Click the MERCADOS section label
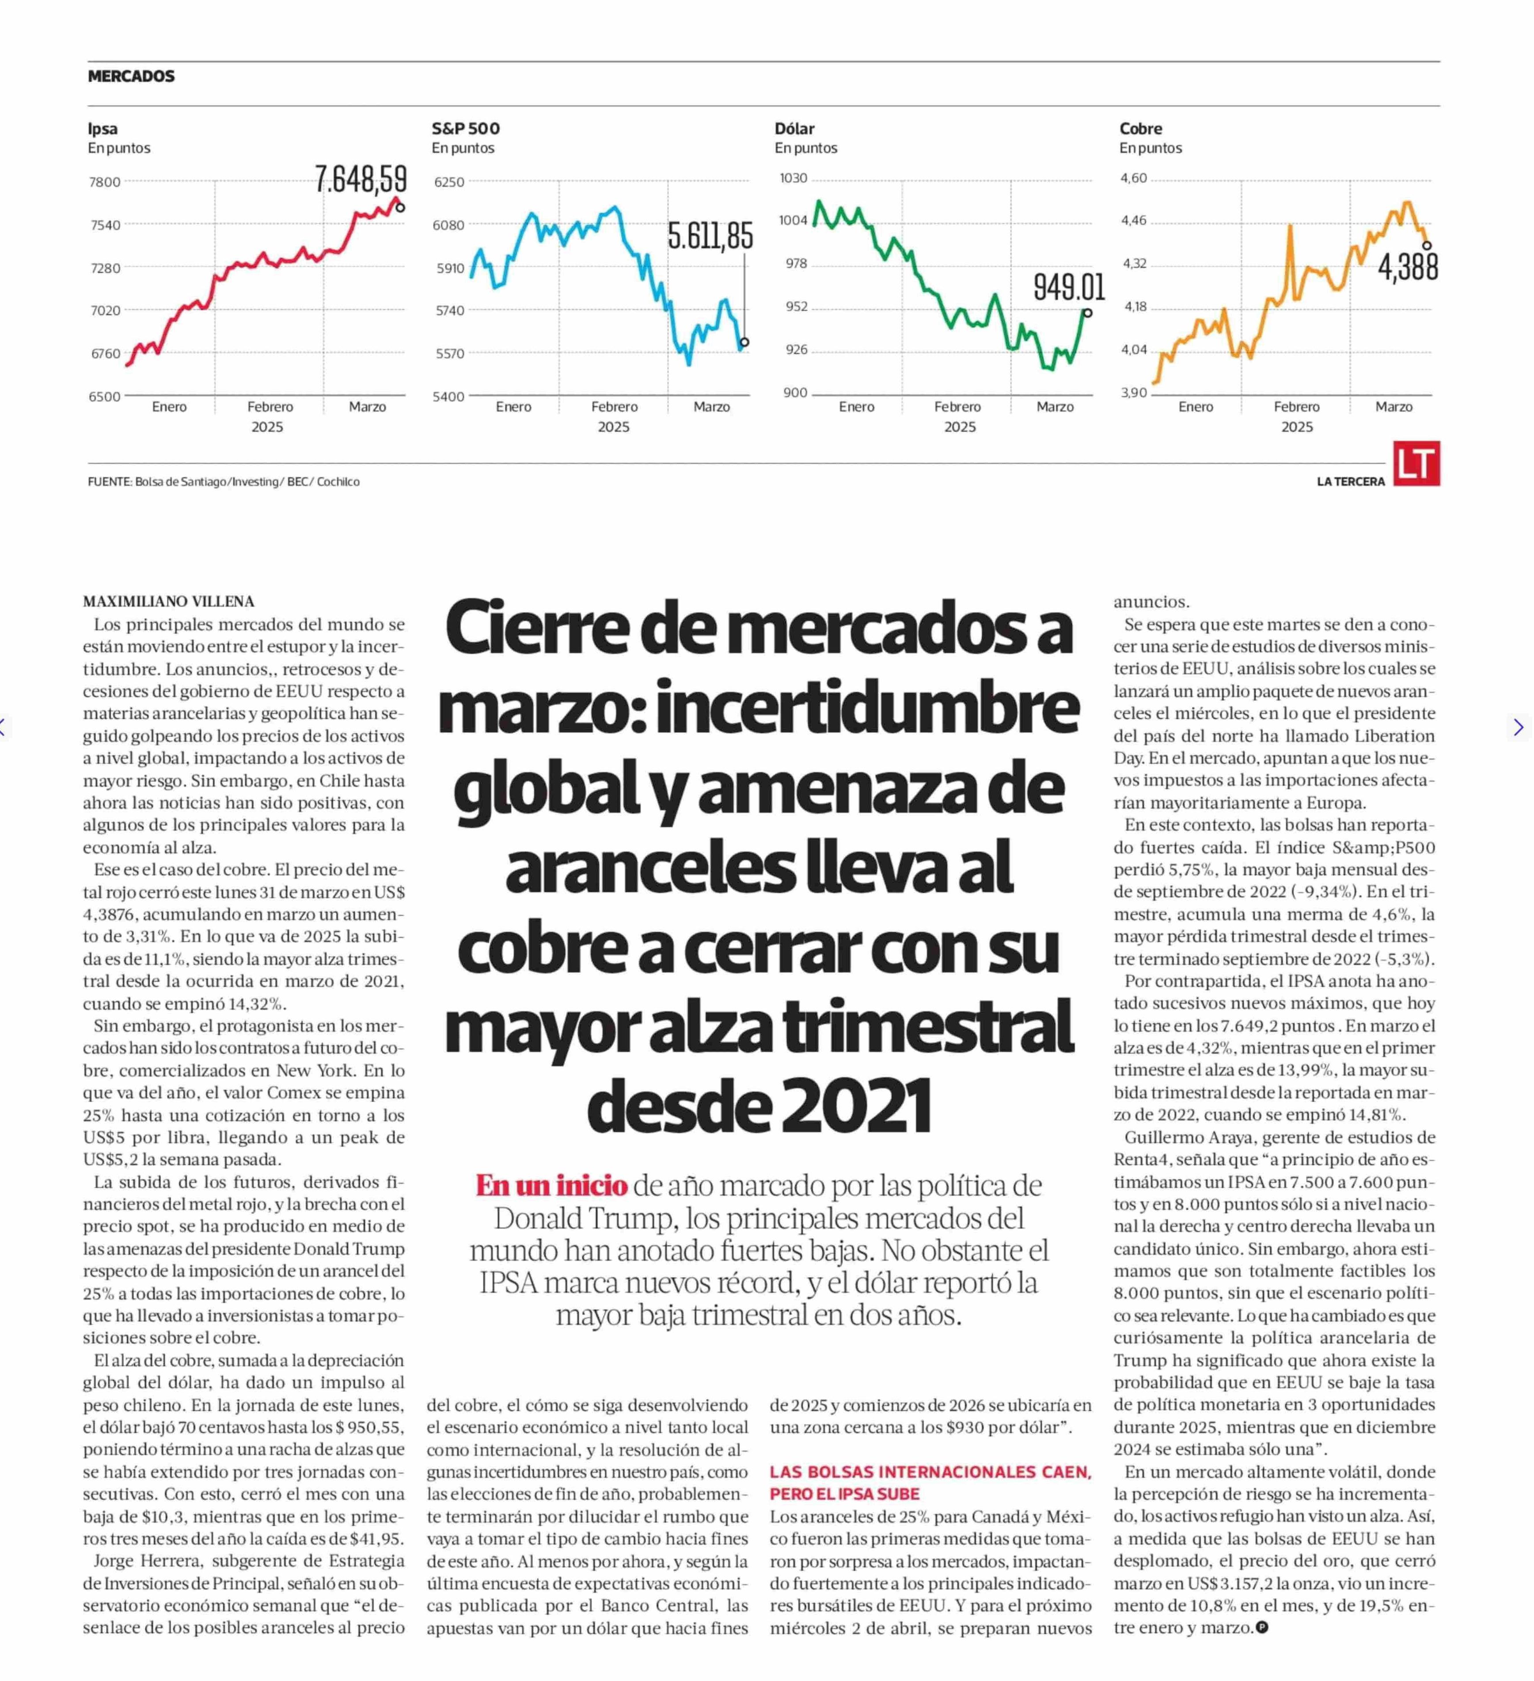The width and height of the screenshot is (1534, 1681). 131,76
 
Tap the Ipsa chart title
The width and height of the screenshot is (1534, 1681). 103,129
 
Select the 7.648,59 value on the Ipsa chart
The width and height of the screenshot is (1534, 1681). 361,179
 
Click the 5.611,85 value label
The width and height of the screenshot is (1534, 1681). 710,236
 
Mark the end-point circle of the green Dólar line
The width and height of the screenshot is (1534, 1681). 1087,313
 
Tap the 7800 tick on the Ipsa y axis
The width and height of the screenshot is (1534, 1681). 105,182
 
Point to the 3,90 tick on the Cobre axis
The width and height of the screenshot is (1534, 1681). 1134,392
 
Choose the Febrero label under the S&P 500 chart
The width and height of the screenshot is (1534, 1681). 615,407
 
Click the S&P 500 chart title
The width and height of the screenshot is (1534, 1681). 465,129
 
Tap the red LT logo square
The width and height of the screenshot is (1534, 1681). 1416,464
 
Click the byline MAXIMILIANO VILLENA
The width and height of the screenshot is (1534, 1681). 168,601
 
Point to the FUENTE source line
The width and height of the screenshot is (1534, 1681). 224,482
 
